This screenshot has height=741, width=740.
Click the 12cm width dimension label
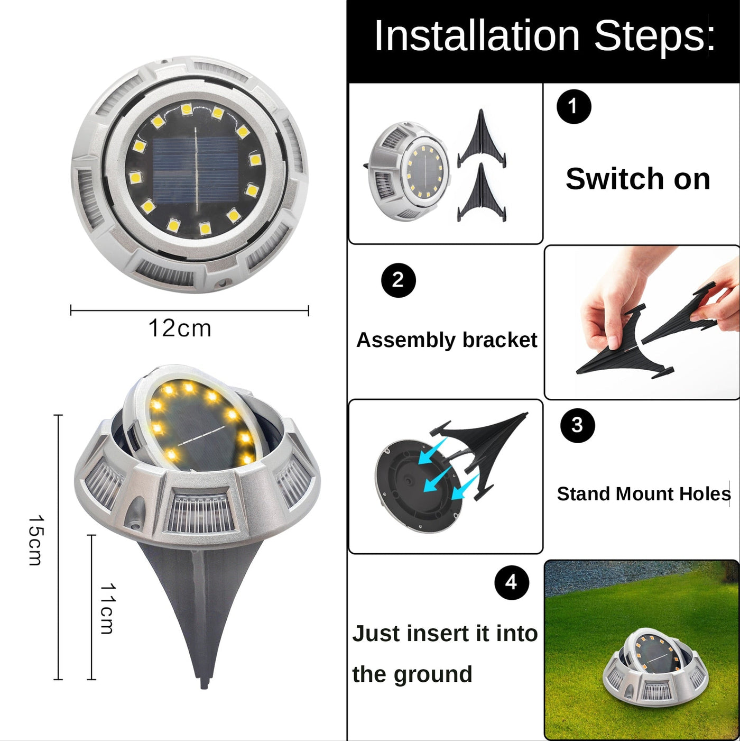180,328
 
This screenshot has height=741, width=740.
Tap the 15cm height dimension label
36,540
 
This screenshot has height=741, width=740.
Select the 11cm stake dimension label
107,609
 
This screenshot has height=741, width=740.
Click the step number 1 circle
573,106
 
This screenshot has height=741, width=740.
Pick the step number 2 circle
398,280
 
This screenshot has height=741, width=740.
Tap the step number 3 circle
577,425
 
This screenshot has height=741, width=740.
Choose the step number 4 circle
511,582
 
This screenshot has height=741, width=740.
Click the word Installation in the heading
477,36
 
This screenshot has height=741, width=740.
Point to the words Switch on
638,179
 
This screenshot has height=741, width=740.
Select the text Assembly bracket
447,340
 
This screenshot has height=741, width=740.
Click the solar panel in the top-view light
196,170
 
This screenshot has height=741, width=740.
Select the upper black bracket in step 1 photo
482,139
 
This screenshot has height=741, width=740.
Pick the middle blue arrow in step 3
438,479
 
